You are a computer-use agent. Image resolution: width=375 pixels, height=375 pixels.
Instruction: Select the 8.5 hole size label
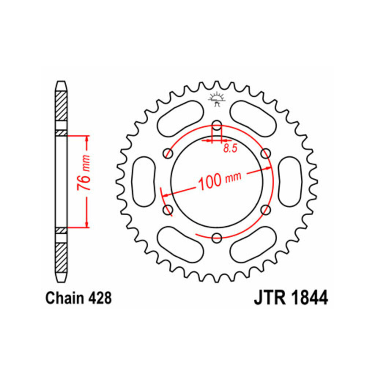pyautogui.click(x=230, y=149)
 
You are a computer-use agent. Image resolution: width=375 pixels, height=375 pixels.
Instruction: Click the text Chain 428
pyautogui.click(x=78, y=298)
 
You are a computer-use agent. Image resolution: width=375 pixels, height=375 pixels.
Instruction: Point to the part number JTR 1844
pyautogui.click(x=291, y=298)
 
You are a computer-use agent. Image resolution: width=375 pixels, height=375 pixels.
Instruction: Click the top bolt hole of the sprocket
pyautogui.click(x=217, y=125)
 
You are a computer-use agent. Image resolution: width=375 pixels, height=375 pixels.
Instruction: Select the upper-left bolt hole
pyautogui.click(x=168, y=153)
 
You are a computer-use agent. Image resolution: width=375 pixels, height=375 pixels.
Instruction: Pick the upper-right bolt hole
pyautogui.click(x=266, y=153)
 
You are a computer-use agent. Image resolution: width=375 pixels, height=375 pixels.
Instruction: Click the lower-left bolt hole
pyautogui.click(x=168, y=210)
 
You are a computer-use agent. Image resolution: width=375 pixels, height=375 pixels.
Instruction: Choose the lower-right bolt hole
pyautogui.click(x=266, y=210)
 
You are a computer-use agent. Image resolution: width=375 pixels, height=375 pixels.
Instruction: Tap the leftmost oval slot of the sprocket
pyautogui.click(x=144, y=182)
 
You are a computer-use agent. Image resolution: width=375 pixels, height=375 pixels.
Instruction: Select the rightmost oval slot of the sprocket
pyautogui.click(x=290, y=182)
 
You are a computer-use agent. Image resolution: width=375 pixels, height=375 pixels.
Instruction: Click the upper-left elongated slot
pyautogui.click(x=181, y=119)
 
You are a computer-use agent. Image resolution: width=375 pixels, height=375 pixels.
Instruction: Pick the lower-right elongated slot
pyautogui.click(x=253, y=244)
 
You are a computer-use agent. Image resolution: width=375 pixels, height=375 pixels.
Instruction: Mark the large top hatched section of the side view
pyautogui.click(x=61, y=106)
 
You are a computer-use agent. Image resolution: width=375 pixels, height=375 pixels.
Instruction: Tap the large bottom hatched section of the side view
pyautogui.click(x=61, y=257)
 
